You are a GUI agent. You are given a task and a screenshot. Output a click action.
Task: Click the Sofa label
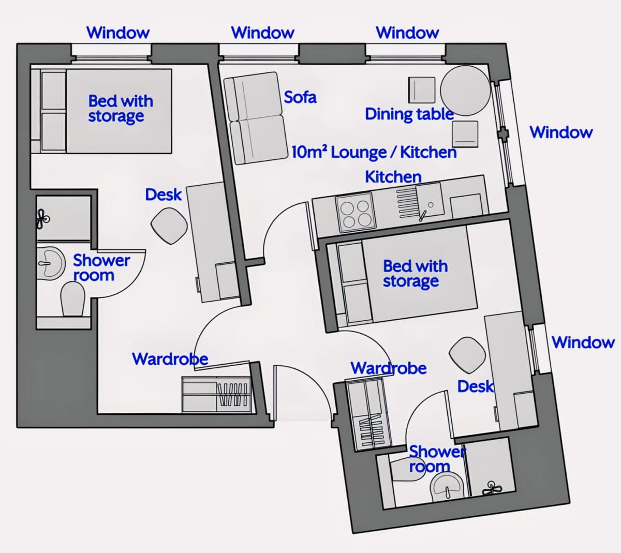(300, 97)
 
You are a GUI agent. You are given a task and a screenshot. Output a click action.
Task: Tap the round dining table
(465, 91)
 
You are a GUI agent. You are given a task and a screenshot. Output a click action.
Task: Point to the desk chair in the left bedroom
(169, 226)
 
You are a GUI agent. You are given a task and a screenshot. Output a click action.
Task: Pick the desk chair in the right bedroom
(467, 355)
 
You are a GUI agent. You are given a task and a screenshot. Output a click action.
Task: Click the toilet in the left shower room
(72, 299)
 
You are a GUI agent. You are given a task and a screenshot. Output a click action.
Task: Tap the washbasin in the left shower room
(51, 263)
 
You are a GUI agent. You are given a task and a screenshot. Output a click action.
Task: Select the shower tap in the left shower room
(42, 219)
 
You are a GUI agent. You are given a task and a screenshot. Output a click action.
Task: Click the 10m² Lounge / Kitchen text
(374, 152)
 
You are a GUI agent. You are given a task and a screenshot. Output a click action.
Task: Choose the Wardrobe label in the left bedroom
(170, 359)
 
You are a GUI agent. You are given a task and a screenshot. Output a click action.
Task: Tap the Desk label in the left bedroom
(164, 195)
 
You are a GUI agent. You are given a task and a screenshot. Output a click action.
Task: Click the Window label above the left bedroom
(118, 33)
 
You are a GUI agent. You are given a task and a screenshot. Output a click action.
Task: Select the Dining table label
(409, 114)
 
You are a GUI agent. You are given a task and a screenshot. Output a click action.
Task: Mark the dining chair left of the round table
(422, 90)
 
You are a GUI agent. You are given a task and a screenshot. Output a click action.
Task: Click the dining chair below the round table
(465, 134)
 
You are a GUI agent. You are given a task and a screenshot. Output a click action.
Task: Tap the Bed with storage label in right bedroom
(415, 274)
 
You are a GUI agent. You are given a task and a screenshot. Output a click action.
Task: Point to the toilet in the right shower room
(407, 469)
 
